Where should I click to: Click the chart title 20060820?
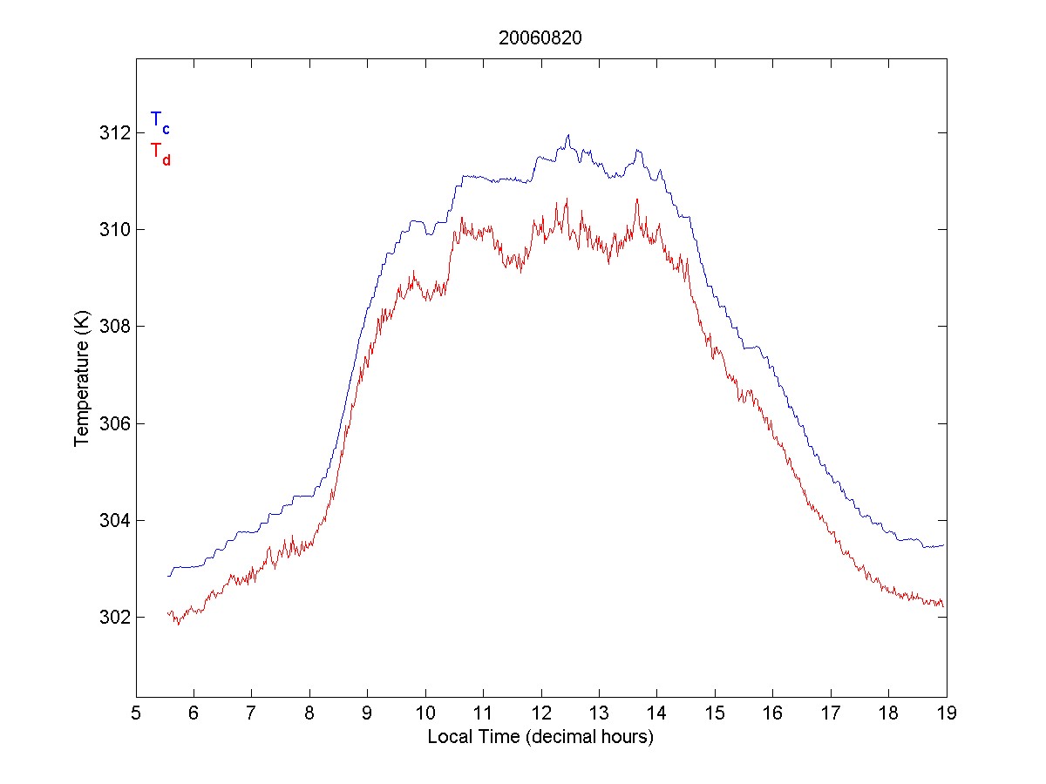coord(540,38)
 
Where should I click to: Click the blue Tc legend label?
coord(160,121)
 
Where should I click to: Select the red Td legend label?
coord(160,152)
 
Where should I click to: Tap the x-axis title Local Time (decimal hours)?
coord(540,737)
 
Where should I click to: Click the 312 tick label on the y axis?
coord(114,132)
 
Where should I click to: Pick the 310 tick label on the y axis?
coord(114,229)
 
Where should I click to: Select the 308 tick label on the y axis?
coord(114,326)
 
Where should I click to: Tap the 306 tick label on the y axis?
coord(114,423)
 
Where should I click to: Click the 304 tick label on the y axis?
coord(114,520)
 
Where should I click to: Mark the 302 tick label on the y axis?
coord(114,617)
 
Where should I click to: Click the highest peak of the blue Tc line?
coord(568,135)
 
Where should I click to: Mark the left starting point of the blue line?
coord(169,576)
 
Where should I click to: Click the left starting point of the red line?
coord(168,613)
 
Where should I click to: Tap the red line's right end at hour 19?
coord(944,605)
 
